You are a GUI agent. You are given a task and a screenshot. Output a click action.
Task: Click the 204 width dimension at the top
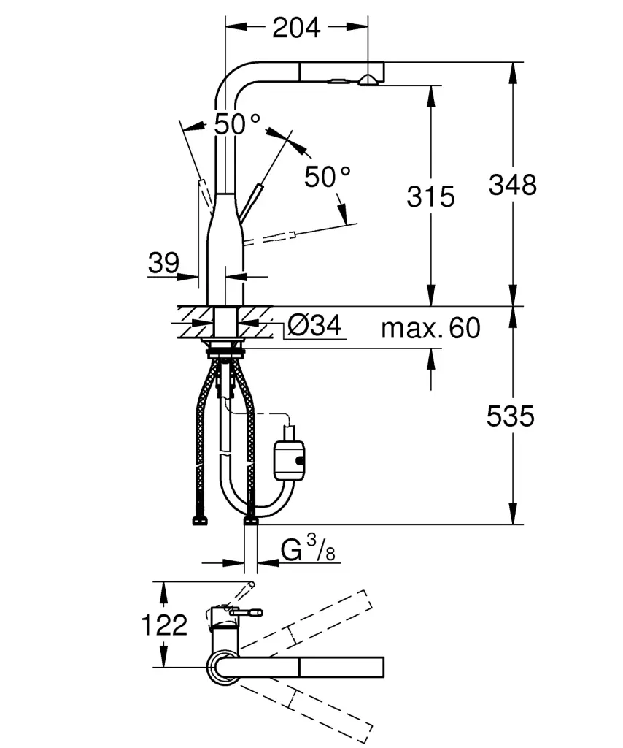[x=295, y=28]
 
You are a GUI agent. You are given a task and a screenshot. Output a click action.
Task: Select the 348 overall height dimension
[x=512, y=185]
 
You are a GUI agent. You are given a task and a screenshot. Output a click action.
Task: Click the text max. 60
[x=430, y=329]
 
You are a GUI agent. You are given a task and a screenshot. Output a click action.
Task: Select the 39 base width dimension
[x=163, y=263]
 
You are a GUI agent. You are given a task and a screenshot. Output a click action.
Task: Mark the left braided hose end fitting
[x=198, y=521]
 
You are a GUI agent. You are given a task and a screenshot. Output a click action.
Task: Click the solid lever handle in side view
[x=252, y=200]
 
